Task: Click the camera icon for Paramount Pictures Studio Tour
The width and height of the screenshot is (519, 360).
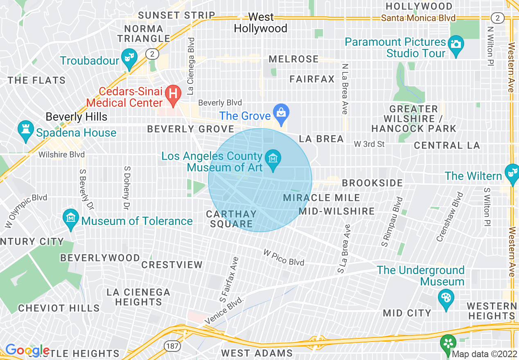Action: coord(456,43)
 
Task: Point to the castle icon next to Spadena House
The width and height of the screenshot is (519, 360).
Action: coord(26,128)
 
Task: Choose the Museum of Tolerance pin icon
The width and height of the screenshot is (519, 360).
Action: coord(71,217)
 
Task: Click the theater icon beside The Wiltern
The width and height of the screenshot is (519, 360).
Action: coord(511,172)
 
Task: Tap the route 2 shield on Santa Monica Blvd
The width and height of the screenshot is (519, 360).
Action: coord(497,18)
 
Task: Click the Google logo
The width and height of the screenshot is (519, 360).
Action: coord(27,350)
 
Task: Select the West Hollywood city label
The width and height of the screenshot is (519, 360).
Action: coord(261,22)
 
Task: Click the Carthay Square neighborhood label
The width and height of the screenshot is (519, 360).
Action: coord(231,219)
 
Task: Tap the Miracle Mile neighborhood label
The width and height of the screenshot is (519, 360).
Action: coord(322,198)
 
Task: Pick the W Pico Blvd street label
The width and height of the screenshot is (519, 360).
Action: coord(284,257)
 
